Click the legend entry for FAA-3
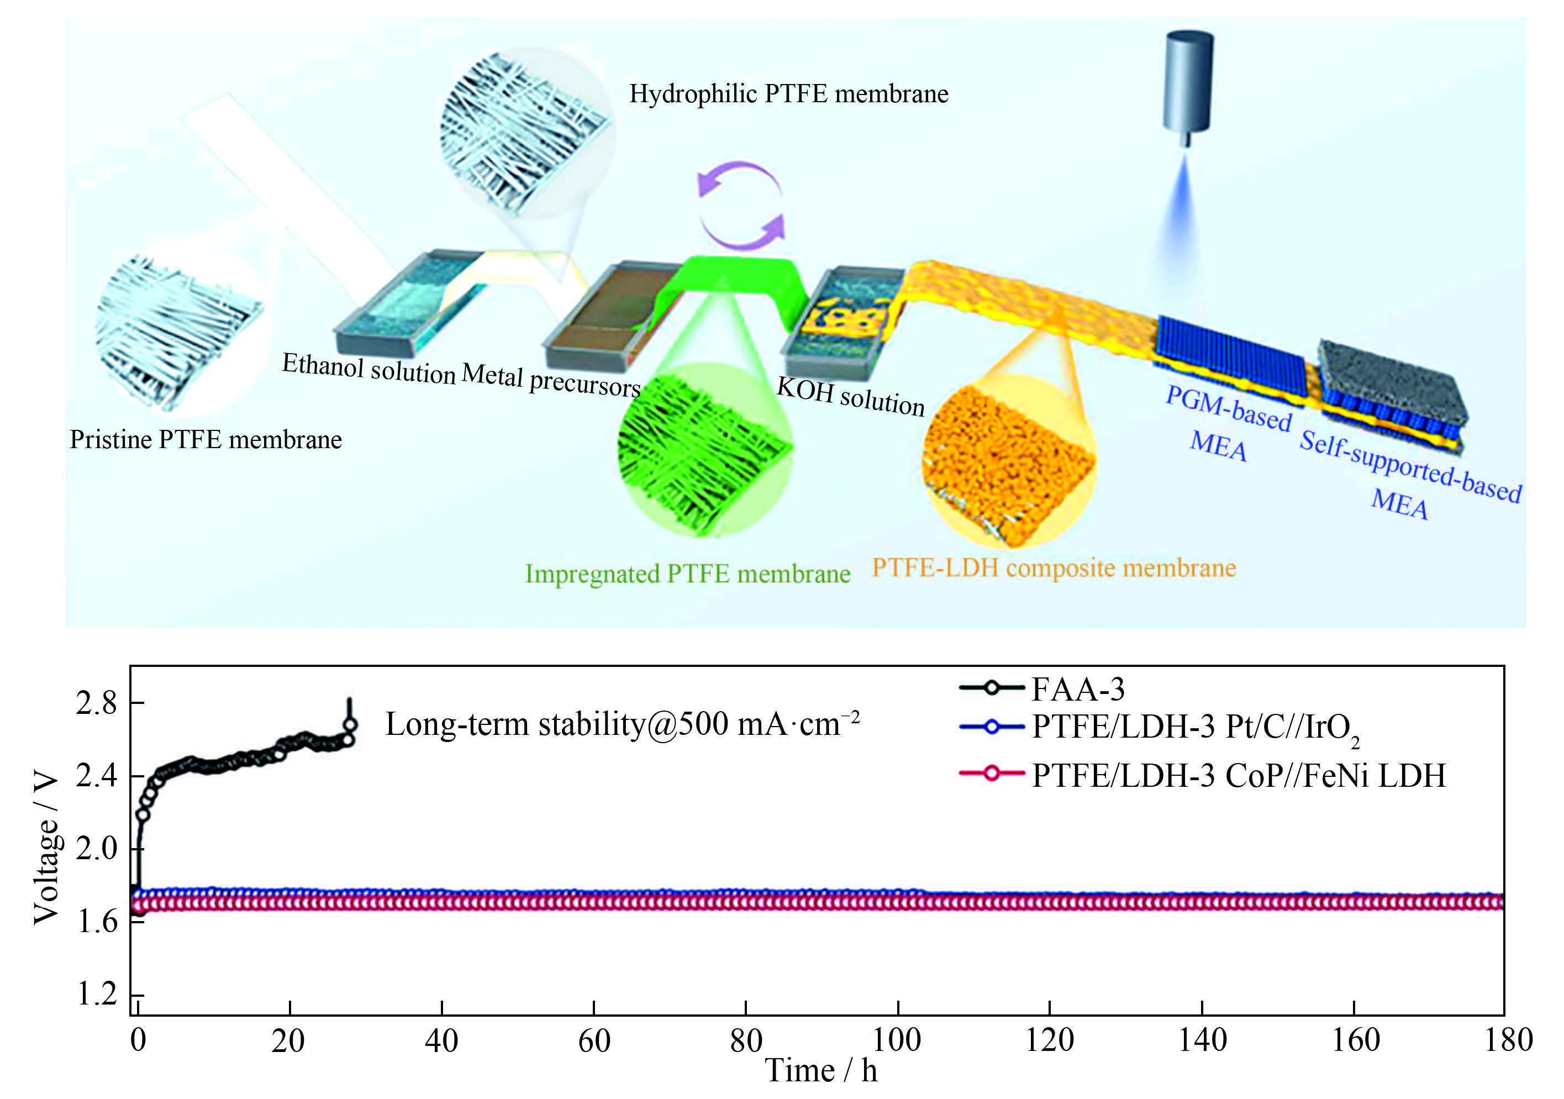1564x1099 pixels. (1078, 689)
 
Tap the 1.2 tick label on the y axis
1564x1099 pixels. (96, 995)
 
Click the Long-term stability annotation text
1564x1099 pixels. (622, 724)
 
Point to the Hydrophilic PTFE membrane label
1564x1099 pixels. (788, 94)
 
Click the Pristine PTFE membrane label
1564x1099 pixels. (206, 439)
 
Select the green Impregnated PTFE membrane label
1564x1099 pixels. (687, 574)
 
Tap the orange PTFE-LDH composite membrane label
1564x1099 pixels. (1054, 568)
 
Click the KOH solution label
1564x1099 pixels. (851, 396)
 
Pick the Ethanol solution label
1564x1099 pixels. (368, 368)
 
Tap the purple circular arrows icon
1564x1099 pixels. (741, 205)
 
